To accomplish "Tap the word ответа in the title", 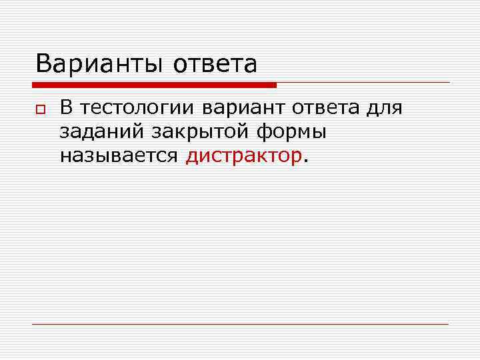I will click(x=215, y=65).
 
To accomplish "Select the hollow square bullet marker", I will click(x=40, y=109).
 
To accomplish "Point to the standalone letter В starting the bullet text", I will click(x=66, y=107).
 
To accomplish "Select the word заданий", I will click(x=102, y=132).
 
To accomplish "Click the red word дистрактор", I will click(x=244, y=156).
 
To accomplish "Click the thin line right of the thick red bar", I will click(x=363, y=83).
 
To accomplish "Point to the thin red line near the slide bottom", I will click(x=240, y=324).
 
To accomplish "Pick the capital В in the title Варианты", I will click(x=43, y=65).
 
